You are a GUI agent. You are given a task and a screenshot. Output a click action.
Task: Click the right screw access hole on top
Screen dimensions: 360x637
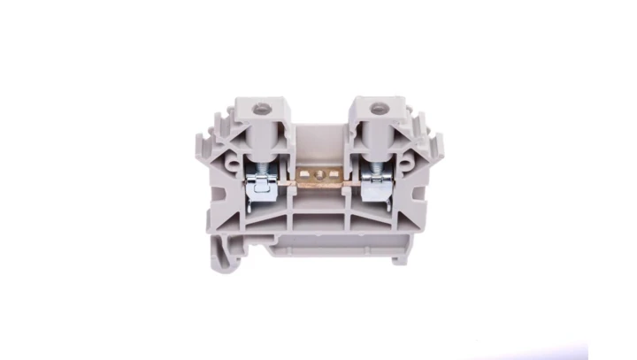tap(375, 112)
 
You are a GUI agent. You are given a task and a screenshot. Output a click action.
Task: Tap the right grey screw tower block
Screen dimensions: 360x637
tap(374, 133)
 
